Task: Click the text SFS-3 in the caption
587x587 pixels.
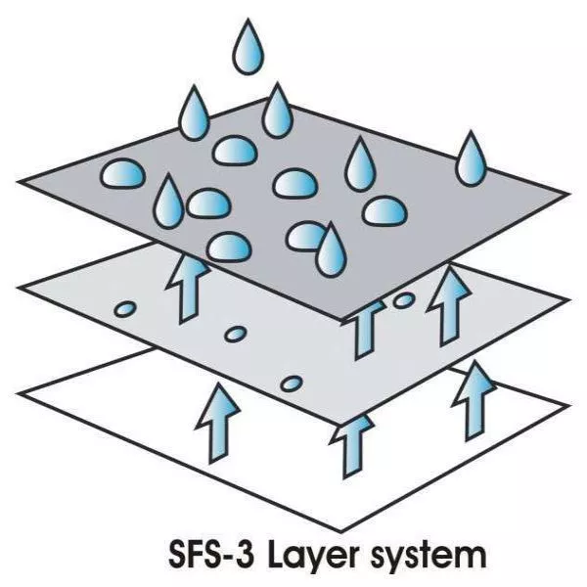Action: (211, 554)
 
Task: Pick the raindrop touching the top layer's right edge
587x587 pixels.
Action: (471, 158)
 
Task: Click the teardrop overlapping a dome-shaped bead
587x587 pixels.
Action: (331, 249)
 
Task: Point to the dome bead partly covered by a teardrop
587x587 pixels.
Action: (304, 236)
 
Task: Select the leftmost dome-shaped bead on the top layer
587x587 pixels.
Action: (122, 173)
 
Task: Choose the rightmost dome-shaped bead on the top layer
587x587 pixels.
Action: (384, 210)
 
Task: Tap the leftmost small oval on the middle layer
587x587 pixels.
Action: (125, 309)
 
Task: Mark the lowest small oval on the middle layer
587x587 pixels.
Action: (292, 384)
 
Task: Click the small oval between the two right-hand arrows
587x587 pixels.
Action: (403, 300)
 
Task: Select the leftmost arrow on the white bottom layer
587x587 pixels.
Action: (217, 423)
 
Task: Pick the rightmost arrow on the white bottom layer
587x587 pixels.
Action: (474, 401)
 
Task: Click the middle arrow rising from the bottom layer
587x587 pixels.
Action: (352, 445)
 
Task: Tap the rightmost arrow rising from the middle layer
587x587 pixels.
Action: (448, 306)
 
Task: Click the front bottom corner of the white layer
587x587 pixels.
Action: (341, 531)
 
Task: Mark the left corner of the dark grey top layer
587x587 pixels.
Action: (18, 182)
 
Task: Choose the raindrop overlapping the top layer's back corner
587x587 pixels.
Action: (277, 111)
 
